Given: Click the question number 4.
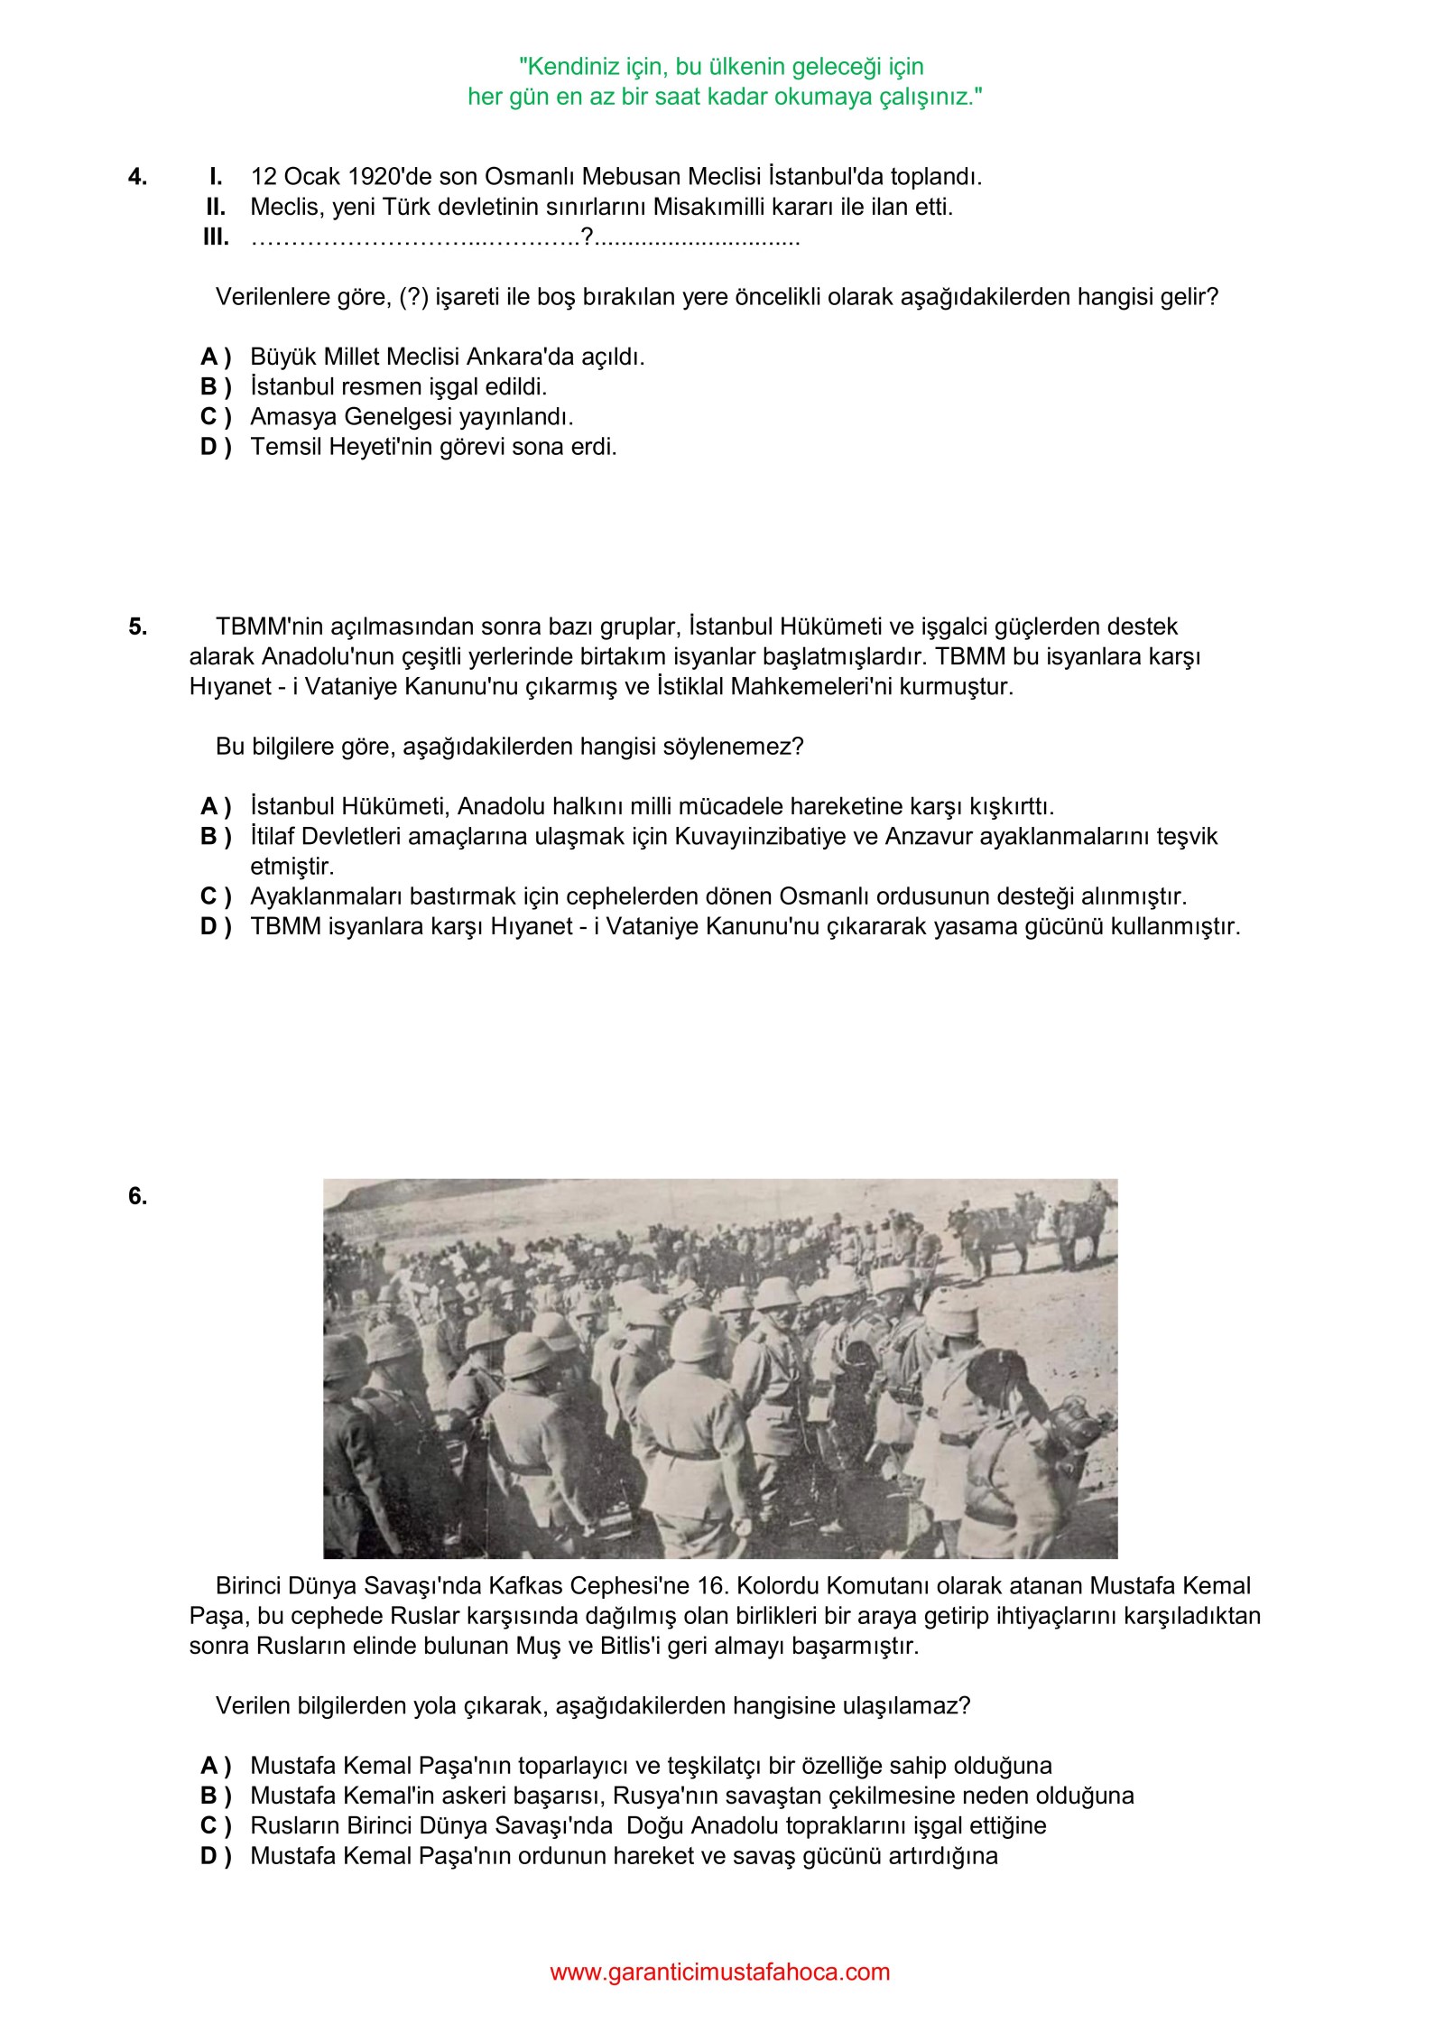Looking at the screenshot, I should coord(137,177).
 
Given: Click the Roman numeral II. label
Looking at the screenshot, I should coord(215,207).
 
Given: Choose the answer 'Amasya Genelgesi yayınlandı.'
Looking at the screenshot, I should coord(412,417).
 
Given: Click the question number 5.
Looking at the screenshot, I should coord(137,627).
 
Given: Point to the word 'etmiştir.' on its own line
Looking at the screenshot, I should coord(292,867).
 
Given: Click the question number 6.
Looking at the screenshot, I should coord(137,1196).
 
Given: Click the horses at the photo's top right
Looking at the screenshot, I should coord(1038,1228).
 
